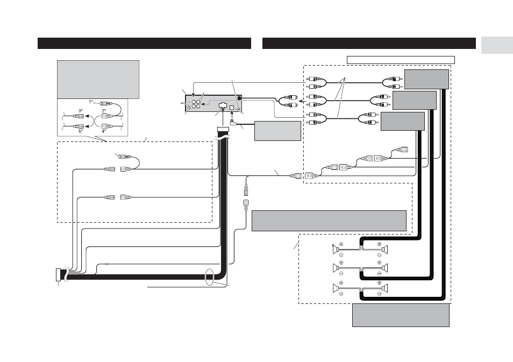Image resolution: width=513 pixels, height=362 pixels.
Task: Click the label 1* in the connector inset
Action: (x=91, y=102)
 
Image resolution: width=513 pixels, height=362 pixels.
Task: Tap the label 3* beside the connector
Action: (x=81, y=111)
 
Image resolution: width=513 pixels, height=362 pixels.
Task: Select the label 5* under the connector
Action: (x=81, y=131)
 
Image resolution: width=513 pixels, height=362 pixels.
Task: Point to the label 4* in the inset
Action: (x=104, y=131)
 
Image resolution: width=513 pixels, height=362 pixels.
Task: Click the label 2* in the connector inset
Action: (x=104, y=111)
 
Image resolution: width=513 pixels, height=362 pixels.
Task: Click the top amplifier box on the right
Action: (x=426, y=79)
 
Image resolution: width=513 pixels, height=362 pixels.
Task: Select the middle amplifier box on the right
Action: (x=414, y=101)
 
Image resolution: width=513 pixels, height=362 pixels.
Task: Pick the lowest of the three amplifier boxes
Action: (x=403, y=122)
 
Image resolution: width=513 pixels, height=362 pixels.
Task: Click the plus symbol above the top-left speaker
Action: (x=341, y=244)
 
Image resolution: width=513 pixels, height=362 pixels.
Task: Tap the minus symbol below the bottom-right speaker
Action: (x=380, y=294)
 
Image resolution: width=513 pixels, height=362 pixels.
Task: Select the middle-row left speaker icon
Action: (x=336, y=268)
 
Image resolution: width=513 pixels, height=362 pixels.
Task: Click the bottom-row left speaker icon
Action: (x=336, y=288)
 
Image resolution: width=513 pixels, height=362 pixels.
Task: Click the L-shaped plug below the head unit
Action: (x=233, y=123)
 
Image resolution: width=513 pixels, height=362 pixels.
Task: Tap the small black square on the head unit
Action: (x=240, y=97)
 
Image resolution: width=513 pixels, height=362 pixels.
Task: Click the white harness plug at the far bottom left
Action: (x=58, y=275)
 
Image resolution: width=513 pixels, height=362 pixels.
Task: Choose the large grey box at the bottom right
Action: (x=401, y=315)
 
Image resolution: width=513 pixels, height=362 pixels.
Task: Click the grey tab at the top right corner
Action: (x=497, y=46)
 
